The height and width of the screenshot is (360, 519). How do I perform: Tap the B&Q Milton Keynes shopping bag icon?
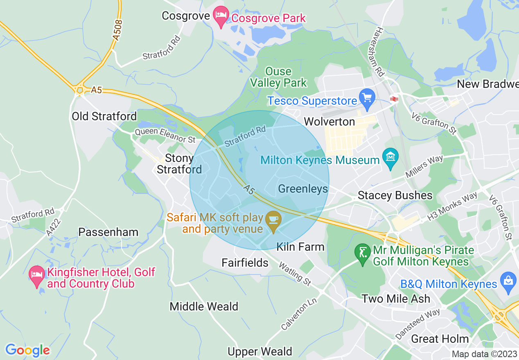coord(509,282)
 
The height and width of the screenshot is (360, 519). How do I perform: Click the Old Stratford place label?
coord(104,116)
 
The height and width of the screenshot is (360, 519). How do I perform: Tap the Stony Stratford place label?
coord(179,164)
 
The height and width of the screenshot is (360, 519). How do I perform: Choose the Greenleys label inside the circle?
coord(303,189)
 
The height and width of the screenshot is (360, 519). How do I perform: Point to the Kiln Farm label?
coord(300,247)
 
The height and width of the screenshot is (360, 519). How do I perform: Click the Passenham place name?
coord(108,232)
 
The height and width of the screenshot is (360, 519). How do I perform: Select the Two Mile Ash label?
coord(396,299)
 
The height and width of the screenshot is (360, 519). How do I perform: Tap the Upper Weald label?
coord(260,351)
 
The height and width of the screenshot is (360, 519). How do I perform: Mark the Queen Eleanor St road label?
coord(165,135)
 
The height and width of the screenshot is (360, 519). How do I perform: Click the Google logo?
coord(27,350)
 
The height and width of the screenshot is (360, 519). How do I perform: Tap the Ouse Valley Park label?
coord(278,77)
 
